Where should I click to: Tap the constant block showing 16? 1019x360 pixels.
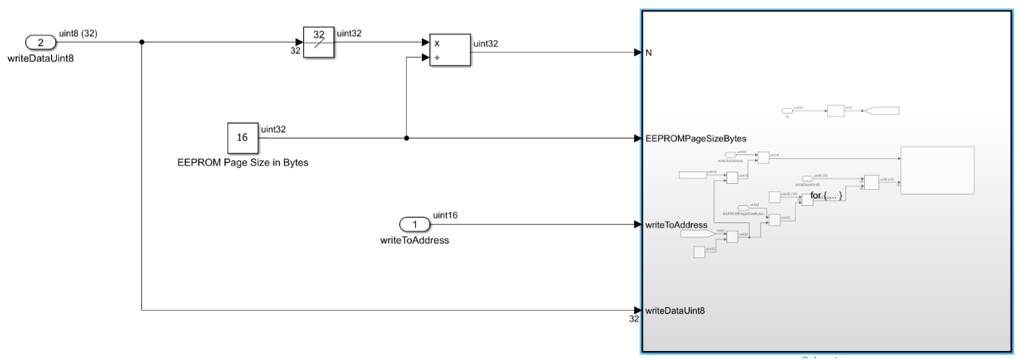[242, 138]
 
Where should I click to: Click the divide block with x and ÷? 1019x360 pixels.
[449, 51]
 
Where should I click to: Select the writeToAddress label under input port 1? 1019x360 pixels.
[414, 241]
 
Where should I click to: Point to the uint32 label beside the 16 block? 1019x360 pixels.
[273, 129]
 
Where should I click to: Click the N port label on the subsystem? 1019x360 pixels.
[649, 53]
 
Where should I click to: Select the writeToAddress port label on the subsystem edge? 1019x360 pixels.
[677, 225]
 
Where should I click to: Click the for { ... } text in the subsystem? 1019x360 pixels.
[825, 196]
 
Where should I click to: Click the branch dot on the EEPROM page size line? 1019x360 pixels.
[407, 138]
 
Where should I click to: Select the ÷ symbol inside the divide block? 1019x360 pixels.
[436, 58]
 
